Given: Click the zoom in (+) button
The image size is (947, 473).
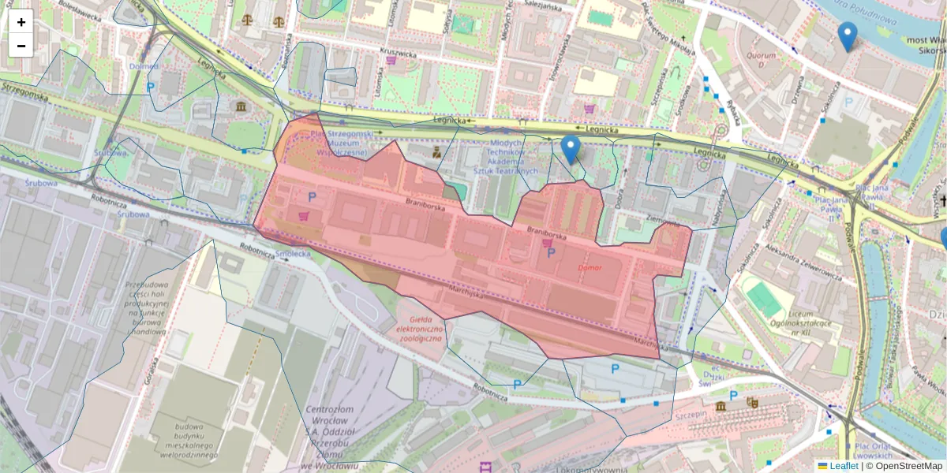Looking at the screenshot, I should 21,22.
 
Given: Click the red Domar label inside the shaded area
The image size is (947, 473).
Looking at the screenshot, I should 590,267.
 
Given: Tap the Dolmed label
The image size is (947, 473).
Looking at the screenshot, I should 144,66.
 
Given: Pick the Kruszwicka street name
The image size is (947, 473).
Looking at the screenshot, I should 398,52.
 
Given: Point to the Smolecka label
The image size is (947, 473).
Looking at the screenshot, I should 294,254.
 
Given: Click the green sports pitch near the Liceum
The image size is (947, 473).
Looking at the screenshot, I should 763,300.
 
